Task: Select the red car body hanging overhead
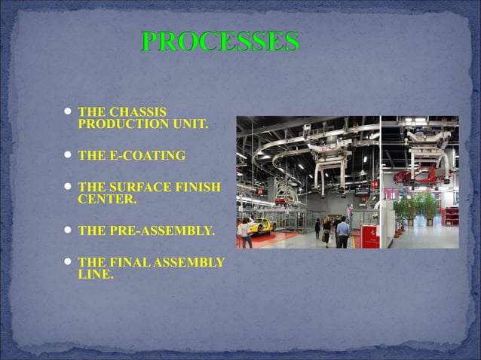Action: (x=414, y=178)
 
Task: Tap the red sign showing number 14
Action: (x=375, y=184)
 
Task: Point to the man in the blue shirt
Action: (x=343, y=232)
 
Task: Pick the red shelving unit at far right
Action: (x=450, y=216)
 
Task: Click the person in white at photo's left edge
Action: (x=244, y=231)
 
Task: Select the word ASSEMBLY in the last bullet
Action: (x=194, y=263)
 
